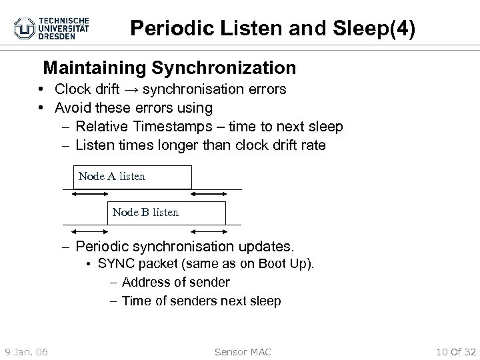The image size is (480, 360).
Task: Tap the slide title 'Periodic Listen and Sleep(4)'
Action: pyautogui.click(x=273, y=28)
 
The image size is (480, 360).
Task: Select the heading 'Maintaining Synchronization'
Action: pyautogui.click(x=169, y=68)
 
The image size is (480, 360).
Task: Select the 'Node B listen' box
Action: pyautogui.click(x=166, y=213)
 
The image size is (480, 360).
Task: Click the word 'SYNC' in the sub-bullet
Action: pyautogui.click(x=115, y=264)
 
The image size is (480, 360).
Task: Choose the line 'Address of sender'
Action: pyautogui.click(x=176, y=283)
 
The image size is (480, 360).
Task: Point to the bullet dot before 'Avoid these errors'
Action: pyautogui.click(x=41, y=108)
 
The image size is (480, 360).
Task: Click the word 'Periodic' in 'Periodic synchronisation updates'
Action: pyautogui.click(x=101, y=246)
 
